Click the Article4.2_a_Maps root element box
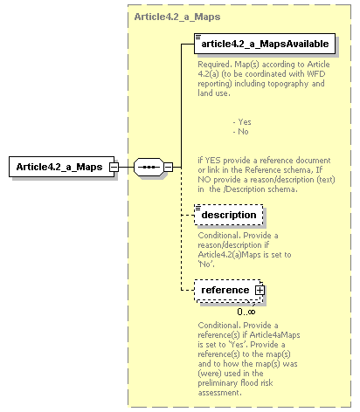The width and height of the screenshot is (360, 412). (59, 167)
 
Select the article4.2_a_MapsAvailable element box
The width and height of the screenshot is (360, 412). (264, 41)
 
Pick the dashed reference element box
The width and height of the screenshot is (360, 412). (225, 290)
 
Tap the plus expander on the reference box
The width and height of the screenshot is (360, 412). (260, 290)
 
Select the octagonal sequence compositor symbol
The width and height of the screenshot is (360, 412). (147, 167)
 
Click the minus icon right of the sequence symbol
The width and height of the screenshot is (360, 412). (169, 167)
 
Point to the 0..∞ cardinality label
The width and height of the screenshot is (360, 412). (246, 311)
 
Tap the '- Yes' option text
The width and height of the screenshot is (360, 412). (242, 121)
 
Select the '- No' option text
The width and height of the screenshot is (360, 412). (240, 132)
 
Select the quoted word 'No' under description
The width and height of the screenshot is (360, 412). (208, 263)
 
